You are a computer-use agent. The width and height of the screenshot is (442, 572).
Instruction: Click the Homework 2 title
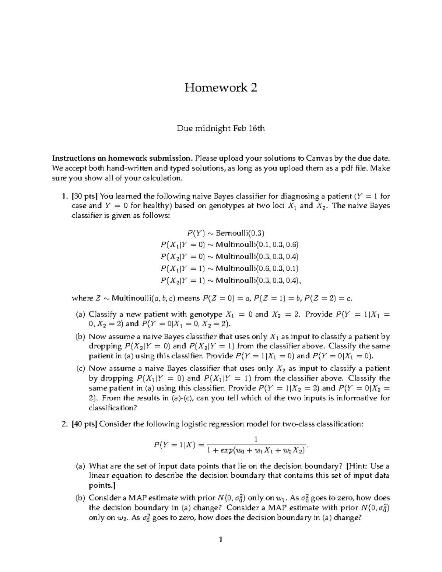pyautogui.click(x=221, y=88)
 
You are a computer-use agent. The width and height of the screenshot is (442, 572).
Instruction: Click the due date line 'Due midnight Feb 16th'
pyautogui.click(x=221, y=129)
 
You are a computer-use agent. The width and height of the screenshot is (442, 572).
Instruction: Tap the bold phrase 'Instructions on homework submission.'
pyautogui.click(x=122, y=159)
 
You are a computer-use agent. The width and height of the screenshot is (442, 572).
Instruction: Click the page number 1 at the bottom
pyautogui.click(x=221, y=540)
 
